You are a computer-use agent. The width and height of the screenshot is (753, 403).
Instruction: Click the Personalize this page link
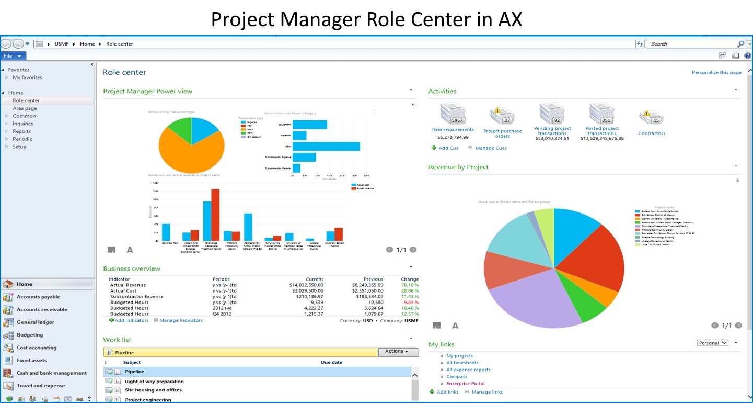[x=716, y=73]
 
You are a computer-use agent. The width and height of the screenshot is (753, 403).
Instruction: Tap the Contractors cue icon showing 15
[x=651, y=118]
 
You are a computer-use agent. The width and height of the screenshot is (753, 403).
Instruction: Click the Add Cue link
[x=448, y=148]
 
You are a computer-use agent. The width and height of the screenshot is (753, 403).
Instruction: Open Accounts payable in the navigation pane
[x=38, y=297]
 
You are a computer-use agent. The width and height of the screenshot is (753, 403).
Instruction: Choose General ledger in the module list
[x=35, y=322]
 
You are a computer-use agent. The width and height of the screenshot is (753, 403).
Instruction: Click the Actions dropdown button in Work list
[x=398, y=352]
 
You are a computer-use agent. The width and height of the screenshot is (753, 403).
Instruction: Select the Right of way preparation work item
[x=154, y=382]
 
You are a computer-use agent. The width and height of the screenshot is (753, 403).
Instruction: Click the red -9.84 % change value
[x=410, y=303]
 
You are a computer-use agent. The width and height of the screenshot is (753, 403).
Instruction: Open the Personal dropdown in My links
[x=713, y=343]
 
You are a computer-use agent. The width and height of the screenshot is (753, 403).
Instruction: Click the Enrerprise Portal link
[x=465, y=384]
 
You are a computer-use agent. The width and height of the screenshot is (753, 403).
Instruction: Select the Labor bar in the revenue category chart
[x=326, y=147]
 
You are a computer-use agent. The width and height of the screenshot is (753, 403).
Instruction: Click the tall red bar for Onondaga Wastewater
[x=215, y=215]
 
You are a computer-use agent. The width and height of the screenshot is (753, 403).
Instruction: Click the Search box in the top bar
[x=692, y=44]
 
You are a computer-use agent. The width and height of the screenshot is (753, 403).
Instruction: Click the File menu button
[x=13, y=56]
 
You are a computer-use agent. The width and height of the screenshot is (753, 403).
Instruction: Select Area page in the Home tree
[x=25, y=108]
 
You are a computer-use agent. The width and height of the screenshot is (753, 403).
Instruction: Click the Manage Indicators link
[x=181, y=320]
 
